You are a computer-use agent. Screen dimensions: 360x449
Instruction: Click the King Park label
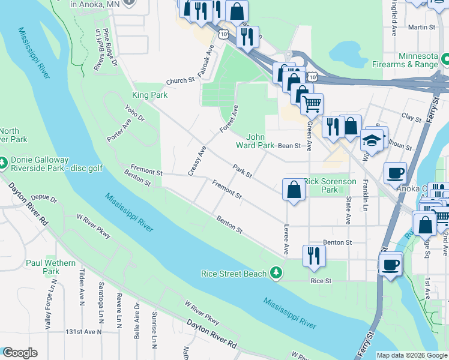(149, 95)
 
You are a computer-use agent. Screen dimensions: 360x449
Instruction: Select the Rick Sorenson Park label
(330, 185)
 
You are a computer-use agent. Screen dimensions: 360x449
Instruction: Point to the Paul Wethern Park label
(50, 267)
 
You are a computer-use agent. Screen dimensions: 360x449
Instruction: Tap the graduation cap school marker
(372, 140)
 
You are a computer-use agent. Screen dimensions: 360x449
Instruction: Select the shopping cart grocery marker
(312, 104)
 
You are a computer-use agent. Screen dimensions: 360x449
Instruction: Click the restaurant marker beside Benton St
(314, 255)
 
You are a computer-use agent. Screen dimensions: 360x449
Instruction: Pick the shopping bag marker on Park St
(294, 189)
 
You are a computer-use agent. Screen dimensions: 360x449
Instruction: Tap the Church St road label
(181, 80)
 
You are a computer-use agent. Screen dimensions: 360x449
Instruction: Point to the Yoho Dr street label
(134, 113)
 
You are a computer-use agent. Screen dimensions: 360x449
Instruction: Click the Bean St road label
(288, 145)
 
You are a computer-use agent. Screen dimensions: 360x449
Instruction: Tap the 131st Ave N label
(83, 331)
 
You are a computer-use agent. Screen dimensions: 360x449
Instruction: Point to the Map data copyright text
(412, 355)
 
